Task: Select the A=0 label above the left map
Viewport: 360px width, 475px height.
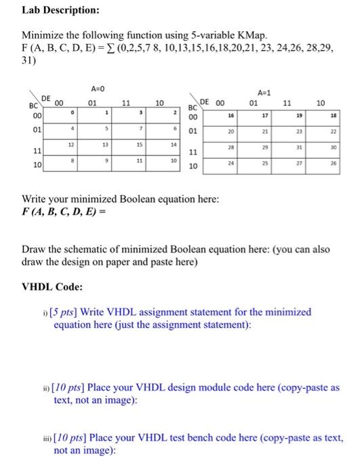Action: point(96,88)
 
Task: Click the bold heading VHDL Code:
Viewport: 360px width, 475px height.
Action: point(52,286)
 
